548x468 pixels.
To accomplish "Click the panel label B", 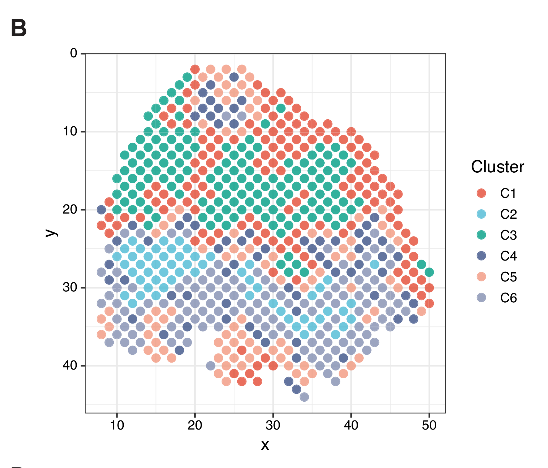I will point(19,28).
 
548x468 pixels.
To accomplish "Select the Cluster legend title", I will point(497,167).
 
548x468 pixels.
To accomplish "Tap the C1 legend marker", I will point(481,193).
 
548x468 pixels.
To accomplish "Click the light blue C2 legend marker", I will point(481,214).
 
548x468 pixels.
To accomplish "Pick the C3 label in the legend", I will point(508,235).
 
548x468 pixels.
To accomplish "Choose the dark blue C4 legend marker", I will point(481,256).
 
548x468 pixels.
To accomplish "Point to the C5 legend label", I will point(508,277).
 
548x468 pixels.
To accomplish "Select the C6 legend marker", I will point(481,298).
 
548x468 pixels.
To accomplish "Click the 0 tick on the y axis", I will point(74,53).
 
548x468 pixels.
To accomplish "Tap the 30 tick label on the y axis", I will point(70,287).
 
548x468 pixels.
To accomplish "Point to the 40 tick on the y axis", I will point(70,366).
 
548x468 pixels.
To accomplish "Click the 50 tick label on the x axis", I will point(429,426).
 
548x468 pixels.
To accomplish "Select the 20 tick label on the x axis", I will point(195,426).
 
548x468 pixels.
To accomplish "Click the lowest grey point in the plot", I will point(304,397).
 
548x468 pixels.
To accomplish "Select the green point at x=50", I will point(429,272).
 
